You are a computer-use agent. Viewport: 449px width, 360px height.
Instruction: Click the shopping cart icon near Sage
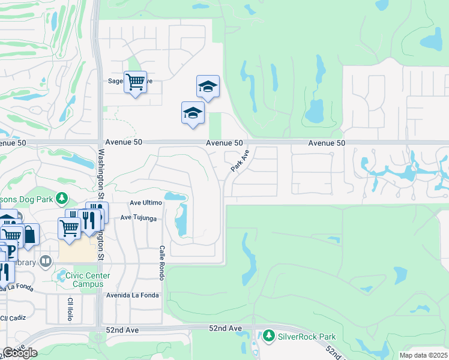point(135,82)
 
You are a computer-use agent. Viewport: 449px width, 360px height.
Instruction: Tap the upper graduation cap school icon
point(208,87)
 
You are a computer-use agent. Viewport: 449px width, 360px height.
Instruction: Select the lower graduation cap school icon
point(193,113)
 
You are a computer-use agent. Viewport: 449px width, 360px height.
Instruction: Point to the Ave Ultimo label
point(146,204)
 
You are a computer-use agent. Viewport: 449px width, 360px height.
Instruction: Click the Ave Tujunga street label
point(138,218)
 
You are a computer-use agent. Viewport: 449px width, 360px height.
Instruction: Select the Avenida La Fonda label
point(133,295)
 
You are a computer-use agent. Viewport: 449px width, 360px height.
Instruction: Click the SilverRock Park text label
point(307,337)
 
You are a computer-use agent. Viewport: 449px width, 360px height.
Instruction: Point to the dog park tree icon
point(61,198)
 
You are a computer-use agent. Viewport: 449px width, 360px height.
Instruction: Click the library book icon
point(46,262)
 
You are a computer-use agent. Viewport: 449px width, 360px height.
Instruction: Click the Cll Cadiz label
point(13,318)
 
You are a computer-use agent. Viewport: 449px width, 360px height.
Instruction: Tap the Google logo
point(20,353)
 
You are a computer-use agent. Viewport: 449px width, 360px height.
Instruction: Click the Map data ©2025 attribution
point(423,355)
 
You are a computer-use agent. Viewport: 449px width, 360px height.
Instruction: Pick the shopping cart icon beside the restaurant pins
point(69,228)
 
